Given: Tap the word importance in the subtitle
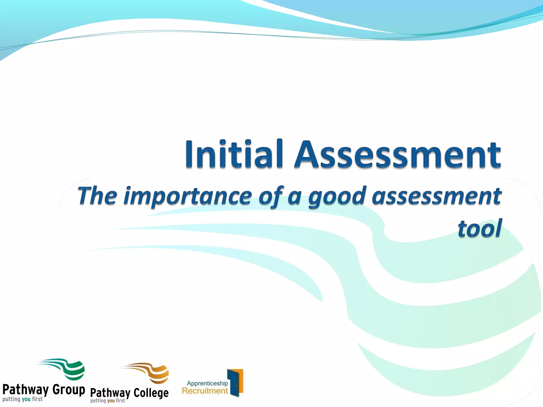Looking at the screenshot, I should pyautogui.click(x=188, y=197).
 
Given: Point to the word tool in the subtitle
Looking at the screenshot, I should pyautogui.click(x=480, y=228).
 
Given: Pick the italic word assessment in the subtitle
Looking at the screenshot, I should pyautogui.click(x=436, y=197).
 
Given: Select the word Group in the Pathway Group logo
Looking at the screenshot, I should pyautogui.click(x=69, y=390).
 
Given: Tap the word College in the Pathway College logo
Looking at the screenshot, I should pyautogui.click(x=151, y=393).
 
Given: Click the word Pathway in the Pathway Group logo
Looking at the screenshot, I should pyautogui.click(x=25, y=390).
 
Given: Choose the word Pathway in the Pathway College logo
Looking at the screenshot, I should pyautogui.click(x=110, y=393).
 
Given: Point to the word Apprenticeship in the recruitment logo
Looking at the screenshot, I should pyautogui.click(x=207, y=383).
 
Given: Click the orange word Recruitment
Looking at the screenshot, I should pyautogui.click(x=205, y=391).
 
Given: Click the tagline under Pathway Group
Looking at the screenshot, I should pyautogui.click(x=23, y=399).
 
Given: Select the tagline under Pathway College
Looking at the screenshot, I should pyautogui.click(x=108, y=401).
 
